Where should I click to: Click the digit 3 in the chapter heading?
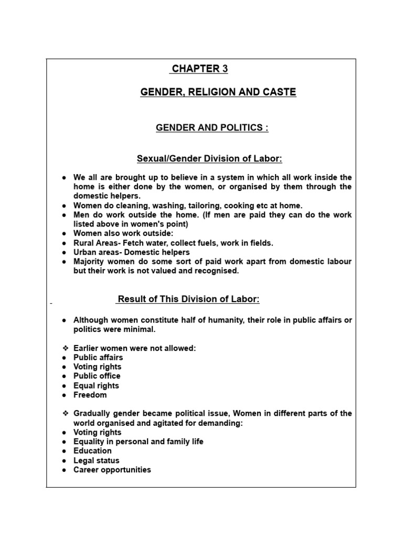point(225,69)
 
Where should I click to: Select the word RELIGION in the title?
point(209,92)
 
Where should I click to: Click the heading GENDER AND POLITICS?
point(212,128)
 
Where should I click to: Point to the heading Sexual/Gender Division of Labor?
point(209,158)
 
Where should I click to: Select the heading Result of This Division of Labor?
point(188,299)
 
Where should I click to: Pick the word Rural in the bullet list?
point(84,243)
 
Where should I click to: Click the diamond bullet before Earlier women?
point(65,349)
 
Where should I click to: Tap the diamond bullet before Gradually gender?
point(65,414)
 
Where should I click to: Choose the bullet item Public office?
point(97,376)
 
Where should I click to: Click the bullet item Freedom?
point(90,395)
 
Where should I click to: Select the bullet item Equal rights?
point(96,385)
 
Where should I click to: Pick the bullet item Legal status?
point(96,460)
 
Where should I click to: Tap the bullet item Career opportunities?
point(112,470)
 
